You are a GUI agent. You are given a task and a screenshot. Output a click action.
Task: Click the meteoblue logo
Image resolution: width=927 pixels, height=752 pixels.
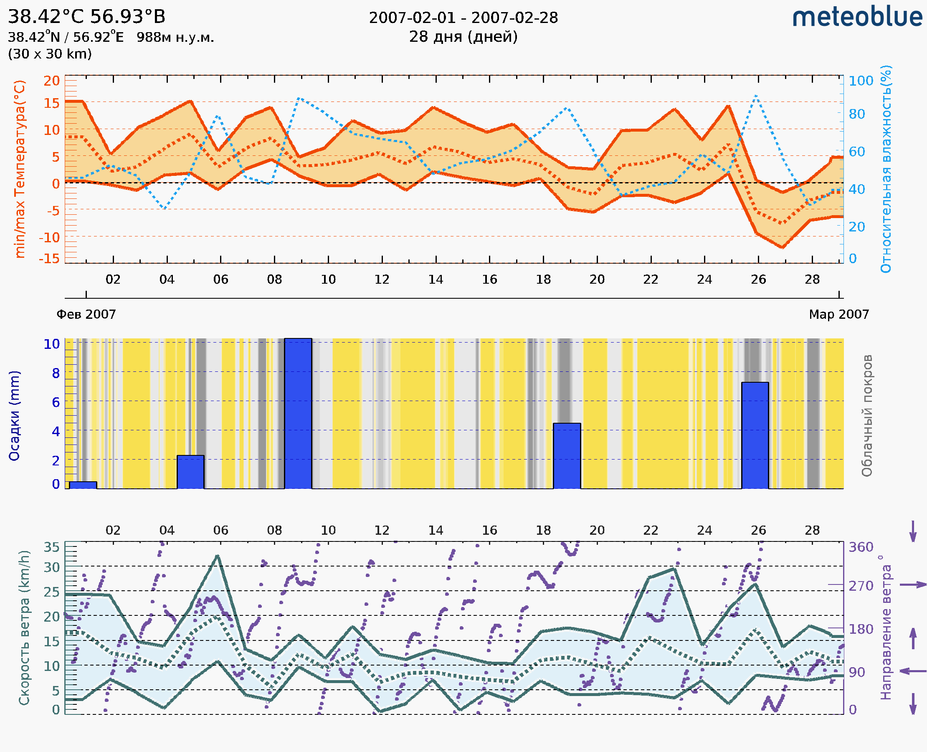(x=857, y=17)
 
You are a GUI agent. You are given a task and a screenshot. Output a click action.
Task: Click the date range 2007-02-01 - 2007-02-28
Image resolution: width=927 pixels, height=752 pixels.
(x=463, y=18)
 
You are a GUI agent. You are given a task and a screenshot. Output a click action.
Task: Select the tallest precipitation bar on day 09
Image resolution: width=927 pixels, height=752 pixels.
(x=298, y=413)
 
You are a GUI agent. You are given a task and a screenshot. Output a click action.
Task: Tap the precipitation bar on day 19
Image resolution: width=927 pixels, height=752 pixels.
(x=567, y=456)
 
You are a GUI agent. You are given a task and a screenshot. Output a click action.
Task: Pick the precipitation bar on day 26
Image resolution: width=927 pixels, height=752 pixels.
(x=755, y=435)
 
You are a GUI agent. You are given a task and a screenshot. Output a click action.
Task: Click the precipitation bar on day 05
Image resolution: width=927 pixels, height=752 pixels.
(x=190, y=472)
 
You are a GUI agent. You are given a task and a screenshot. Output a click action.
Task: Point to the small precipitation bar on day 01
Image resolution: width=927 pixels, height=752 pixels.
(x=83, y=485)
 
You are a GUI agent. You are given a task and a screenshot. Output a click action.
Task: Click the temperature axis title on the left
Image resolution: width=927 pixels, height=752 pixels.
(x=20, y=169)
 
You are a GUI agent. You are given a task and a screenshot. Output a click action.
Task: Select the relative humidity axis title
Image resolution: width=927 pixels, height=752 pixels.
(x=886, y=169)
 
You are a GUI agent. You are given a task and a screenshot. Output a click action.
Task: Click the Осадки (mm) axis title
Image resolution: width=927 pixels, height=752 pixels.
(x=14, y=416)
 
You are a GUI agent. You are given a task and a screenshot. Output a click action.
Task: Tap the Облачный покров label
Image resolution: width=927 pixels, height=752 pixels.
(x=867, y=416)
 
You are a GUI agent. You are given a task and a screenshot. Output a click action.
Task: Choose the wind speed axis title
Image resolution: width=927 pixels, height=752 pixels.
(x=24, y=628)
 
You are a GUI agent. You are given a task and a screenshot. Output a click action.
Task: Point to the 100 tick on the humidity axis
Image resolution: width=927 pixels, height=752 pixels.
(x=861, y=81)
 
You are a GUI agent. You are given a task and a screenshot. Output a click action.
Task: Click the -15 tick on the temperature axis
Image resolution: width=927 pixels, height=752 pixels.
(x=49, y=259)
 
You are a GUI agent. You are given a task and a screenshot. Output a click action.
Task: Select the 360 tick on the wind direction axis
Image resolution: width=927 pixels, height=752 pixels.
(x=861, y=547)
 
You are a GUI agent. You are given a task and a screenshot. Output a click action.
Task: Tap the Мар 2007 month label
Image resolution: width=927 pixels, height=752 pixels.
(x=838, y=314)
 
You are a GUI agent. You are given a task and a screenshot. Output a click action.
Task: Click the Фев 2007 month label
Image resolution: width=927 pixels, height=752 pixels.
(x=86, y=314)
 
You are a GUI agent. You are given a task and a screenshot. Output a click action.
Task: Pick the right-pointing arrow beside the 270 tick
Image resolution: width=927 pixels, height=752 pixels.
(x=913, y=585)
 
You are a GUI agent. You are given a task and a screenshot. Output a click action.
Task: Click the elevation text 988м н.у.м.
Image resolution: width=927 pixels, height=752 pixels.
(x=175, y=38)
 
